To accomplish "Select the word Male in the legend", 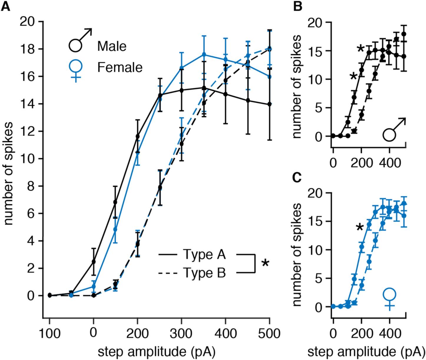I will coord(112,46).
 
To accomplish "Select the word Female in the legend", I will coord(120,68).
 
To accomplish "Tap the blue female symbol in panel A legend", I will coord(76,69).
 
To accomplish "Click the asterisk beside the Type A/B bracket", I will coord(265,263).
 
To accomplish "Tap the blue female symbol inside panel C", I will coord(390,298).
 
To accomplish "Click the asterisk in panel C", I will coord(359,228).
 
